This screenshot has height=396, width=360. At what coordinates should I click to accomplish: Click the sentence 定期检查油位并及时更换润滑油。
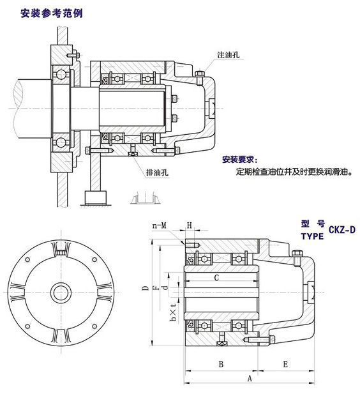[x=293, y=172]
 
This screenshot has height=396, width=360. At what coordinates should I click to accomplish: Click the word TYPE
[x=311, y=236]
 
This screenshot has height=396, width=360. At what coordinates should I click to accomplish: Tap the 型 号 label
[x=312, y=224]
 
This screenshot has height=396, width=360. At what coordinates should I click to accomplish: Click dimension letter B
[x=220, y=363]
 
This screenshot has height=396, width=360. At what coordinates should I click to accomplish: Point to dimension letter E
[x=285, y=363]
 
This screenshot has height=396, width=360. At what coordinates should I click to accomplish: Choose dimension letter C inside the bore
[x=217, y=277]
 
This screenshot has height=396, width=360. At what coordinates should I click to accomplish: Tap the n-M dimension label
[x=160, y=226]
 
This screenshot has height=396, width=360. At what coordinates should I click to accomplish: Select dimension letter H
[x=190, y=226]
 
